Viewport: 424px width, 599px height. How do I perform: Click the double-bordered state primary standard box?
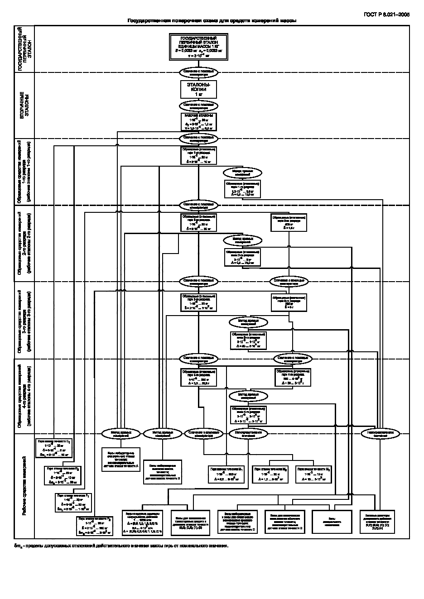click(x=198, y=48)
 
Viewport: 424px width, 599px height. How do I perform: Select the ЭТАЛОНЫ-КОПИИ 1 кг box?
click(x=198, y=89)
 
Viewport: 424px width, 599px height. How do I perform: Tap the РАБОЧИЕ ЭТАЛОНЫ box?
click(x=198, y=122)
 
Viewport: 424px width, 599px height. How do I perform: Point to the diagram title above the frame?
click(x=212, y=21)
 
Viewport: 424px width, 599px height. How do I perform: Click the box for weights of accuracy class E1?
click(x=53, y=447)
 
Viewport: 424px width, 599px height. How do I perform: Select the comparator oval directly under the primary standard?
click(x=198, y=72)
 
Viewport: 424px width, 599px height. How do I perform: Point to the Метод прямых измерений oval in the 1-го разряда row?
click(x=242, y=173)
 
